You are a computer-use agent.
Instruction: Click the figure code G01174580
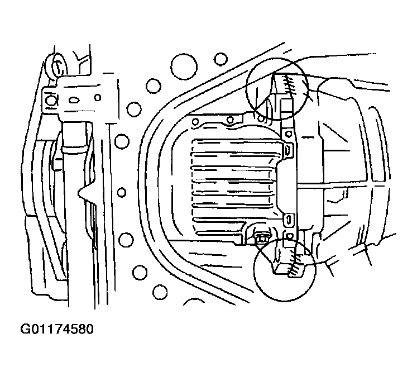point(57,329)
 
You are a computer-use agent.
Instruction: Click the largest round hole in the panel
point(184,66)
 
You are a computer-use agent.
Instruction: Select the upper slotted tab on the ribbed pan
point(288,150)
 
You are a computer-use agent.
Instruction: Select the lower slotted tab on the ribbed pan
point(288,220)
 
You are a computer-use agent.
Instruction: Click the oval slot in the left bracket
point(74,100)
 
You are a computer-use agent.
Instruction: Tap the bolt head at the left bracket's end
point(51,100)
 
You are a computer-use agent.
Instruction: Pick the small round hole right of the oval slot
point(98,98)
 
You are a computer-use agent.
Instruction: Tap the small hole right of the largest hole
point(221,59)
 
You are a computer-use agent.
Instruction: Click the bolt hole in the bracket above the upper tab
point(287,133)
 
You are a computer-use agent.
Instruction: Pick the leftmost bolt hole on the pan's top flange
point(195,122)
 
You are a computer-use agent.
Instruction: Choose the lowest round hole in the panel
point(160,292)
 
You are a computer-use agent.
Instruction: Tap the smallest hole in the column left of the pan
point(122,192)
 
